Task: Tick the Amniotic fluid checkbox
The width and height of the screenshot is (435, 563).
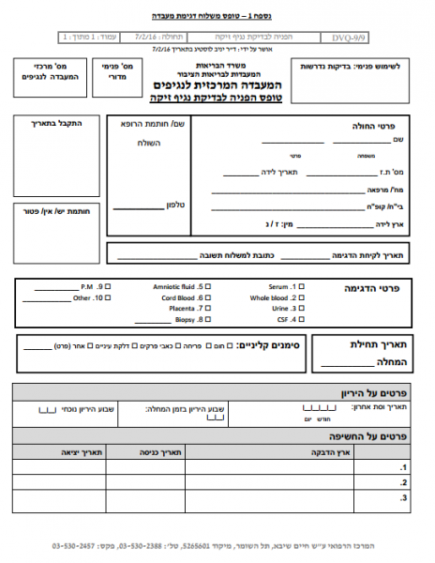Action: [x=208, y=285]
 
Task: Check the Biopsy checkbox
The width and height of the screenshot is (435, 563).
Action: [x=208, y=320]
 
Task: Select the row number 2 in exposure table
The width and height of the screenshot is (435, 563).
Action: [x=403, y=482]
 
